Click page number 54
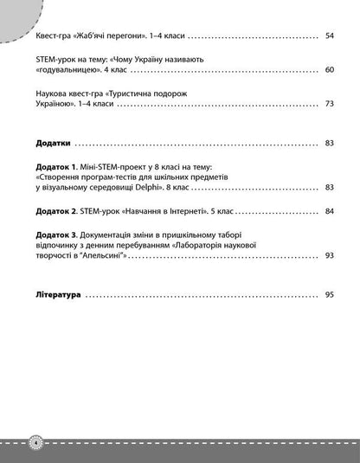[330, 37]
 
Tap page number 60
[330, 70]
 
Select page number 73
[330, 103]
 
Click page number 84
[330, 210]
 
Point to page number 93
[330, 255]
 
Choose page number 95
[330, 296]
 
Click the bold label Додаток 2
[57, 210]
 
